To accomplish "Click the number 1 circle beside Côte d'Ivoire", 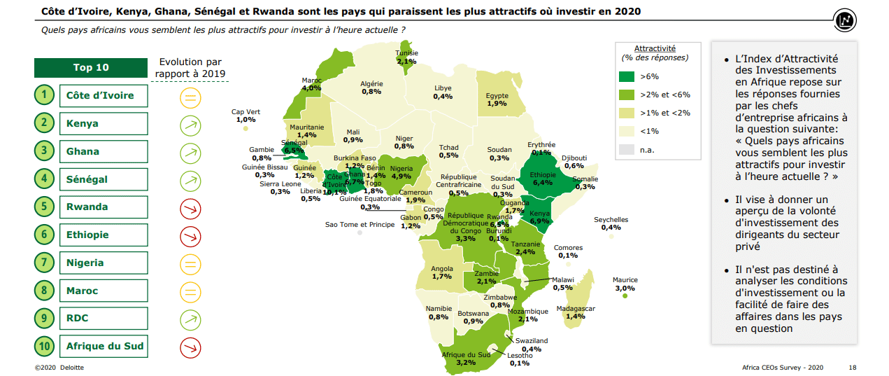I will coord(44,95).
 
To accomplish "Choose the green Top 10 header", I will coord(92,68).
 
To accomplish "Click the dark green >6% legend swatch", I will coord(627,76).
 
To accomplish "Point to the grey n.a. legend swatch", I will coord(627,149).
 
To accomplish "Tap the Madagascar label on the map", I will coord(576,308).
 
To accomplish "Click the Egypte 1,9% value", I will coord(497,104).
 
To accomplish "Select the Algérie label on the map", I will coord(371,84).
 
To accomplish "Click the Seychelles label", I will coord(611,219).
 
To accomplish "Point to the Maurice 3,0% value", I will coord(625,288).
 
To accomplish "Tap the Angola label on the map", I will coord(441,268).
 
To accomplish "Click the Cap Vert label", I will coord(246,111).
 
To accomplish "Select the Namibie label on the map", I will coord(439,309).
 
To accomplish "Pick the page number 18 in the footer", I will coord(852,367).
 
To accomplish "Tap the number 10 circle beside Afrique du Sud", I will coord(44,346).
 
